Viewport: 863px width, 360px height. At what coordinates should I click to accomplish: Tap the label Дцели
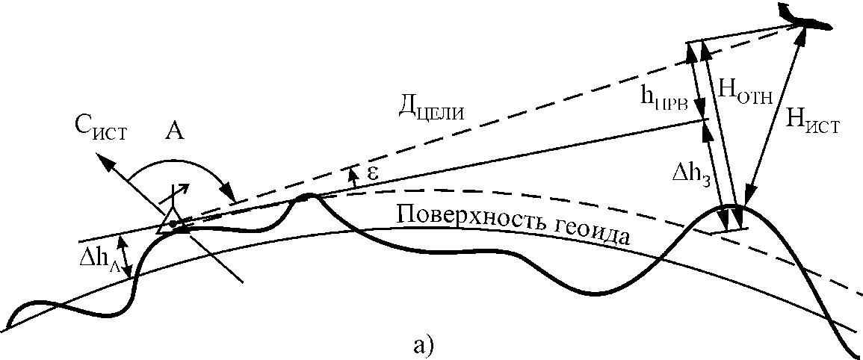point(433,111)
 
